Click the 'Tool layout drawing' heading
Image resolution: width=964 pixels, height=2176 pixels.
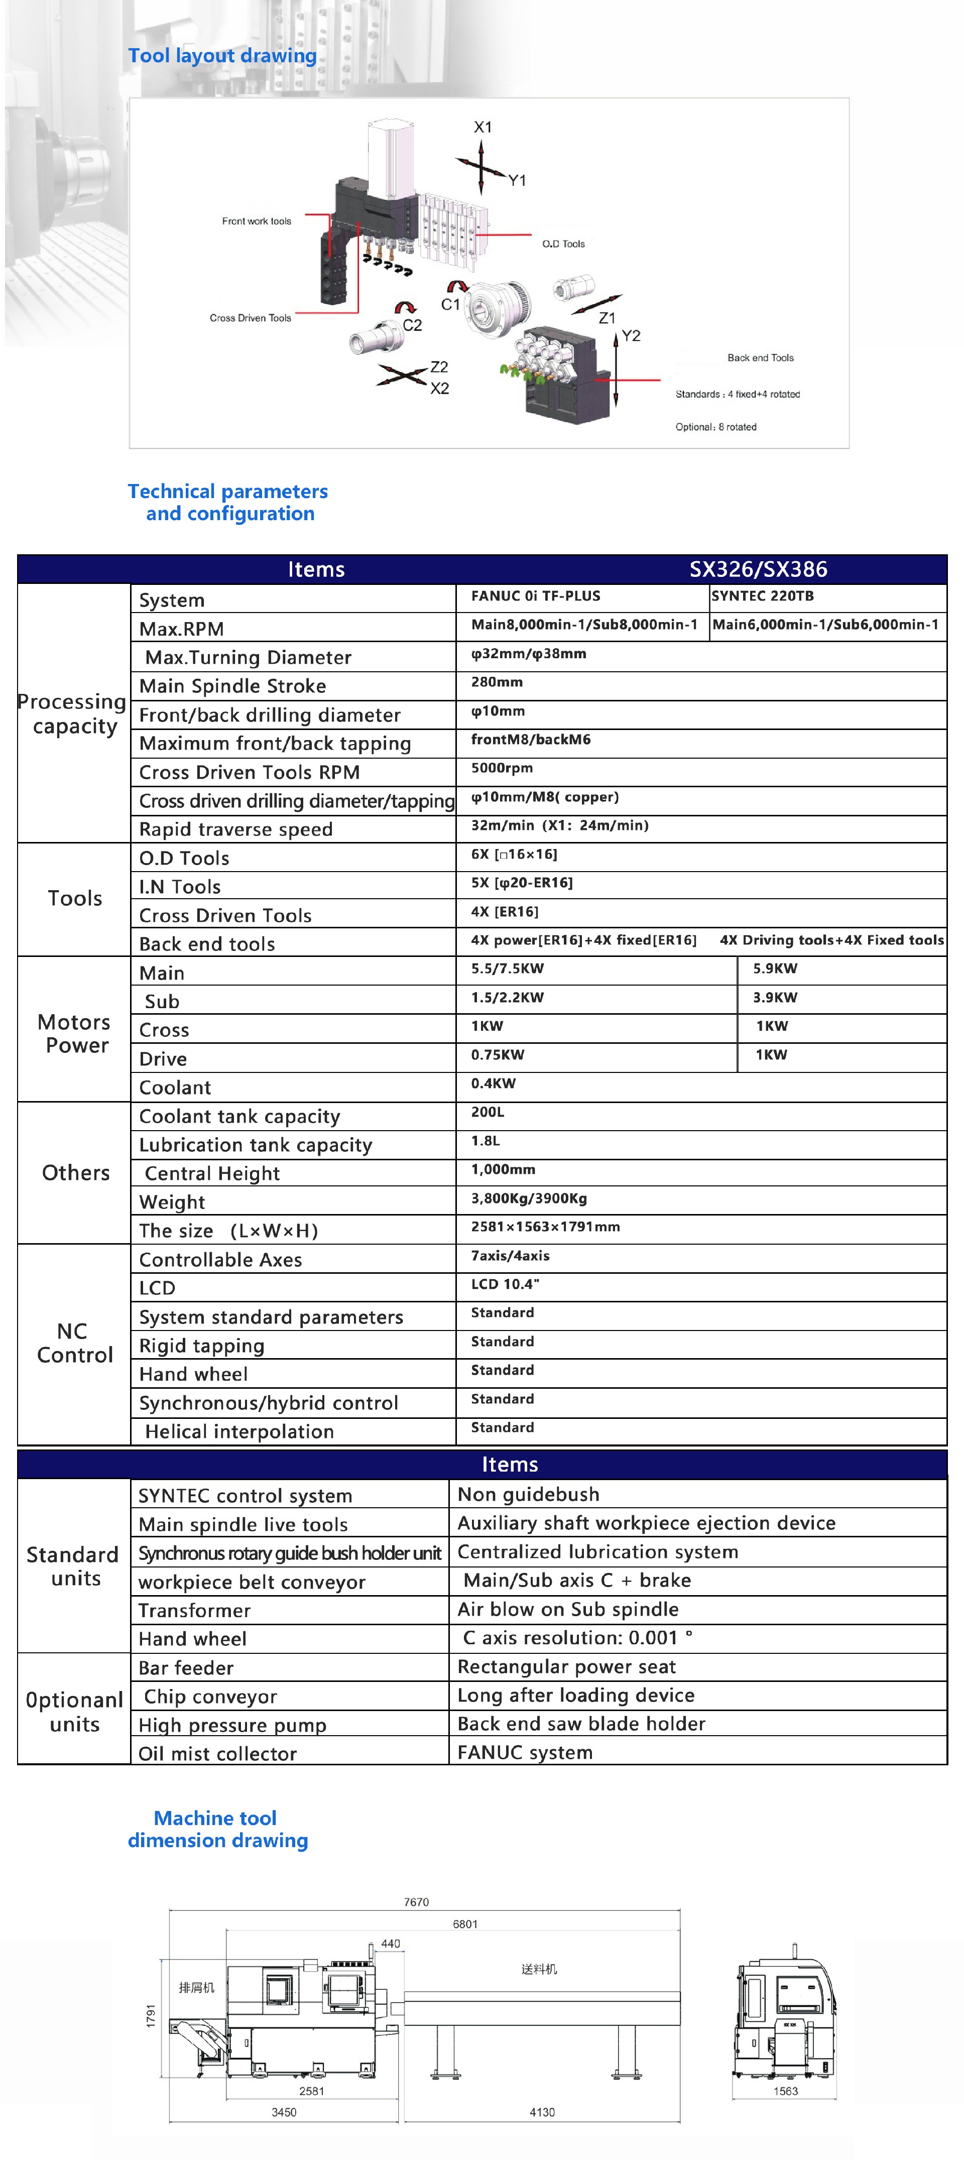coord(222,56)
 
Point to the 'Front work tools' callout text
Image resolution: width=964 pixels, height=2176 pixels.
coord(256,221)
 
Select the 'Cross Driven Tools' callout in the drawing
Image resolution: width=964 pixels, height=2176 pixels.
coord(250,318)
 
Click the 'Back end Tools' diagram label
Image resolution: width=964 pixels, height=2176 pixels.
coord(760,358)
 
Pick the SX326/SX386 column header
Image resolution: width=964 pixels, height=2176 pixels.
coord(758,569)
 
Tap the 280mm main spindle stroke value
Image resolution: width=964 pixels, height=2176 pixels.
coord(497,682)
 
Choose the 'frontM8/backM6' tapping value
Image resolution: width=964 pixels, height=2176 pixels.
coord(531,740)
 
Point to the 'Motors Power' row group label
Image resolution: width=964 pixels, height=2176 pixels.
coord(75,1034)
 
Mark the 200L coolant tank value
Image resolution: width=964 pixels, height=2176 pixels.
coord(488,1113)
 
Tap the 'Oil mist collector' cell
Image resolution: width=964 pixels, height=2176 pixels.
coord(217,1754)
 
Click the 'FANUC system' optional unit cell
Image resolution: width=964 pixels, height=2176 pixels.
coord(525,1753)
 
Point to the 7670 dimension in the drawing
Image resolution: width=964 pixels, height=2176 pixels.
coord(416,1902)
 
